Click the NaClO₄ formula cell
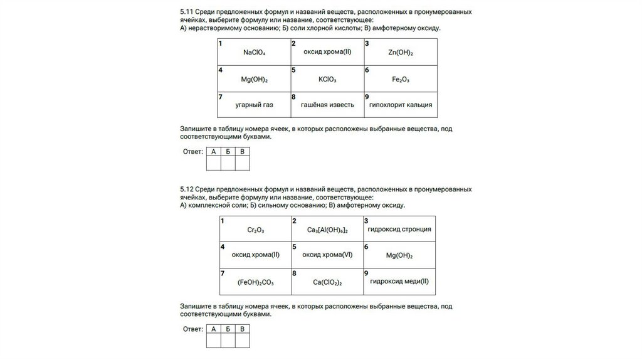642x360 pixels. click(x=254, y=53)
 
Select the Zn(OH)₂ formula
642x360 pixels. click(x=400, y=53)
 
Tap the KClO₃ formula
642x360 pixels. click(x=327, y=80)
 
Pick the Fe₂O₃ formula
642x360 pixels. click(x=400, y=80)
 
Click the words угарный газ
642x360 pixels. click(x=254, y=105)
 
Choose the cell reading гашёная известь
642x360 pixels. click(x=327, y=105)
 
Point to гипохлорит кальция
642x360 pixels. click(x=400, y=105)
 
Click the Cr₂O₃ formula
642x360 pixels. click(x=256, y=231)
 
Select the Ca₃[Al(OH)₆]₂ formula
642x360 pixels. click(x=327, y=231)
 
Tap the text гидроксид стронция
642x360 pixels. click(x=400, y=229)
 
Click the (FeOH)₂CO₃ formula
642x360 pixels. click(x=256, y=282)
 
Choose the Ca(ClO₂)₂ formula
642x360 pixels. click(x=327, y=282)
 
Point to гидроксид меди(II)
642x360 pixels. click(x=400, y=281)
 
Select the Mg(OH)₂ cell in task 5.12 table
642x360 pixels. click(x=400, y=255)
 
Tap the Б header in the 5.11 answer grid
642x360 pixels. click(x=228, y=151)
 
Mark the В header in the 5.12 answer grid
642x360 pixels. click(x=243, y=329)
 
